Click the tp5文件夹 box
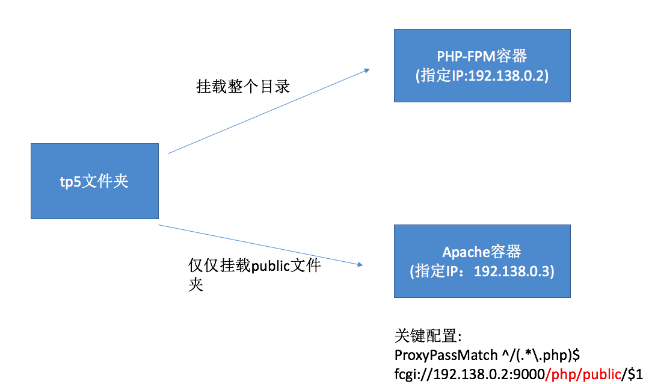coord(94,181)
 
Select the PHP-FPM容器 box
coord(482,65)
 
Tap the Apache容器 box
coord(482,261)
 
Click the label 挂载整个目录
coord(243,86)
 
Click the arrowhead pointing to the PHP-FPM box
coord(366,70)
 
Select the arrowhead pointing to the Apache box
coord(361,264)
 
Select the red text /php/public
coord(582,373)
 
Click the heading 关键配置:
coord(428,335)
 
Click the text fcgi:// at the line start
coord(410,373)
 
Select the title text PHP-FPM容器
coord(482,57)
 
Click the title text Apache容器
coord(482,252)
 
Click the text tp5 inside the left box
coord(70,181)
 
